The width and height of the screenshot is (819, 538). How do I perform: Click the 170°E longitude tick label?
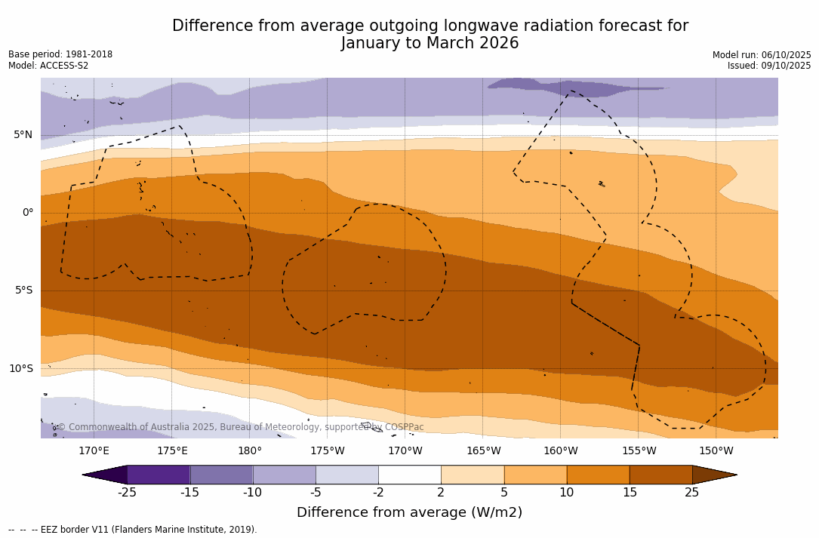(94, 451)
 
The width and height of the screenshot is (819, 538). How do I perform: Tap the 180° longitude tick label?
(250, 451)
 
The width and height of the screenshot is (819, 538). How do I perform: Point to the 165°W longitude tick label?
(483, 451)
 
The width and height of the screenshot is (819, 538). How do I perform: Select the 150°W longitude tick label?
(716, 451)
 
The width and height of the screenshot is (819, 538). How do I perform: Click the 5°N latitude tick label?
(23, 135)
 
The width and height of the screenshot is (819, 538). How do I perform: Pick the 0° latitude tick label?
(28, 213)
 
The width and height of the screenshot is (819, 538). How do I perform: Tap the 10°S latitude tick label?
(20, 369)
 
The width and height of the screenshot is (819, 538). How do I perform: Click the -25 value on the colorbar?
(127, 493)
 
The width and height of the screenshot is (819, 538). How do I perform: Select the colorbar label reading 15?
(630, 493)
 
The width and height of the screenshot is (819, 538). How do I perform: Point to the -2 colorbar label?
(378, 493)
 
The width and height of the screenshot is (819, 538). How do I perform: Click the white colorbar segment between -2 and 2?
(410, 475)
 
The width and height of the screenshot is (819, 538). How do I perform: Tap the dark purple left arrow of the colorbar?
(106, 475)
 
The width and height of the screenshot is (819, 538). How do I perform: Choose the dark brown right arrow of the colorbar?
(713, 475)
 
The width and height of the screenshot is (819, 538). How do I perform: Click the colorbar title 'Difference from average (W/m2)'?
(409, 512)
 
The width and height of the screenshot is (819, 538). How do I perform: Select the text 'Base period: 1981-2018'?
(60, 54)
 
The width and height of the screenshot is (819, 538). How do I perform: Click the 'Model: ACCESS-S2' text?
(48, 66)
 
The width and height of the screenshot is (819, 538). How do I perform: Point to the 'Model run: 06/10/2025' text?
(762, 55)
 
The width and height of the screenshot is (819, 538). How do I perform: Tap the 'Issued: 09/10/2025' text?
(769, 66)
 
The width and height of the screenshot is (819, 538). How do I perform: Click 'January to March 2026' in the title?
(430, 43)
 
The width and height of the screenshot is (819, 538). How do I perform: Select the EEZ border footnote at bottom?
(133, 530)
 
